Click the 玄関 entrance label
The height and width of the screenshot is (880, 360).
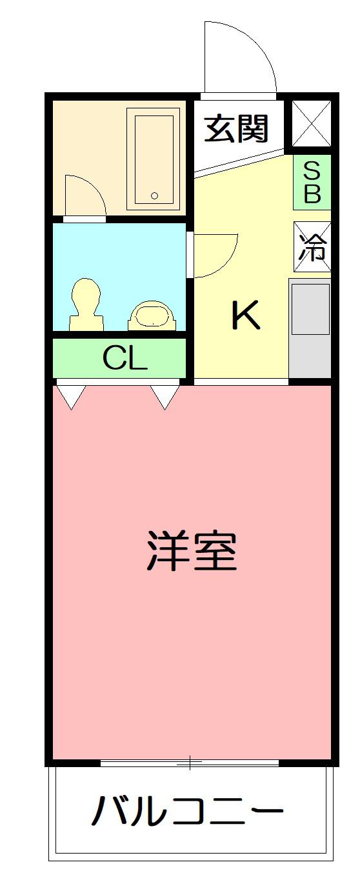[236, 129]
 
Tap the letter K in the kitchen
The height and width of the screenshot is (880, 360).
[245, 316]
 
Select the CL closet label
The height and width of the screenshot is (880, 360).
[125, 359]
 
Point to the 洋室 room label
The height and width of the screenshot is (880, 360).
[192, 551]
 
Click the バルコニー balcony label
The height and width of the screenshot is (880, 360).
[187, 811]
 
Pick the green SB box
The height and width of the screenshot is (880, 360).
[312, 182]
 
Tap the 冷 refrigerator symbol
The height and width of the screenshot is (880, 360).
[312, 246]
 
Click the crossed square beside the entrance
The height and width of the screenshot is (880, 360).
[312, 123]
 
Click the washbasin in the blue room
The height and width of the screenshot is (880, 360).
[152, 315]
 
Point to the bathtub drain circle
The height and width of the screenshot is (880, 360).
[154, 195]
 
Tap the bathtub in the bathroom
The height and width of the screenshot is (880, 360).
[154, 159]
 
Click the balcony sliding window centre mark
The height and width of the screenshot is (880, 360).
[190, 763]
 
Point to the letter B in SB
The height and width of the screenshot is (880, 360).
[312, 194]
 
